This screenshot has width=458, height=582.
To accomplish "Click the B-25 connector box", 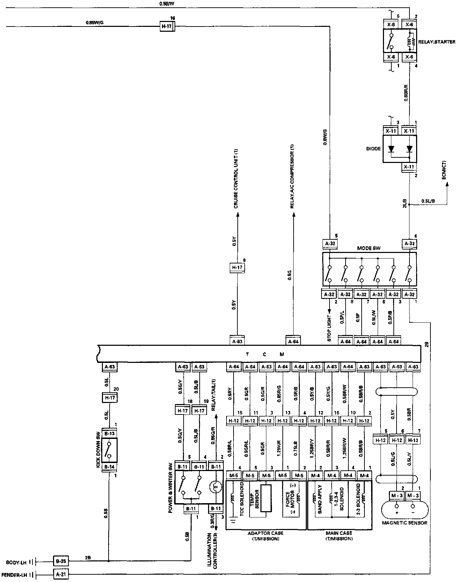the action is pos(61,562).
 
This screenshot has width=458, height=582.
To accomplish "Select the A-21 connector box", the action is pos(61,574).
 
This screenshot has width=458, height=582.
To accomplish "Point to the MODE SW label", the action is pos(369,248).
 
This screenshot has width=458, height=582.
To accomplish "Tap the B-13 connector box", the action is pos(110,434).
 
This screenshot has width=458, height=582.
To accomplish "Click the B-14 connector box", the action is pos(110,467).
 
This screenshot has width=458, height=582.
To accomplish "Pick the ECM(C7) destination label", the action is pos(444,170).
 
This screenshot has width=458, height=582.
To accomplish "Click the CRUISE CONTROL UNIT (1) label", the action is pos(236,179).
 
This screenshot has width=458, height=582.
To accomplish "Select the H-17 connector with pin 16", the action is pos(167,26).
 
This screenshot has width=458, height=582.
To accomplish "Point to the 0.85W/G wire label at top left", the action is pos(95,23).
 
